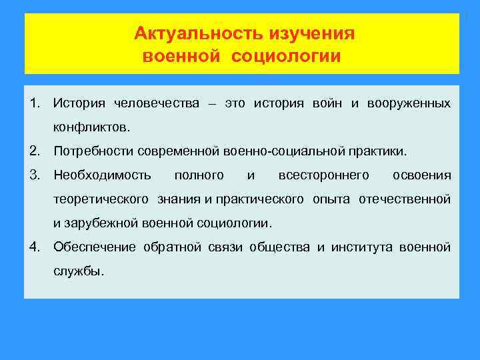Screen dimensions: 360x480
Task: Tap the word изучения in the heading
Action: click(312, 33)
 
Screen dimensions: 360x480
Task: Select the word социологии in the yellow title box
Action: click(286, 55)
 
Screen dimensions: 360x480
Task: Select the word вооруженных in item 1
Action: click(408, 103)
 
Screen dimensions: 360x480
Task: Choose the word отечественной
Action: click(405, 199)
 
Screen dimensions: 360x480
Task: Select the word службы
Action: click(79, 271)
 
